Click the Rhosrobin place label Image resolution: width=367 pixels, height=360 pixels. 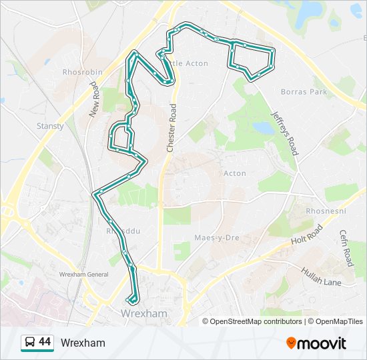[x=83, y=72]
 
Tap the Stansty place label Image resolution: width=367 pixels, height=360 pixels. [x=51, y=125]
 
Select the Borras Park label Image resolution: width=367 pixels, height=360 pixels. [x=304, y=91]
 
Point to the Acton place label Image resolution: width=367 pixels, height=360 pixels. [x=235, y=173]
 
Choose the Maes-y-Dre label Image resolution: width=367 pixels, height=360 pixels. [x=217, y=238]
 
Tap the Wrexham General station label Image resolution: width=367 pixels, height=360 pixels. [x=83, y=274]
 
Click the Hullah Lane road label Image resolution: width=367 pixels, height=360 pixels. [x=321, y=277]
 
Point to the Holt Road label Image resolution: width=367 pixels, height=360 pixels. [x=306, y=235]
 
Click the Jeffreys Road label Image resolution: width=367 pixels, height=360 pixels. [x=284, y=131]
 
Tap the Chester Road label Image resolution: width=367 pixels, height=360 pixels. [x=171, y=128]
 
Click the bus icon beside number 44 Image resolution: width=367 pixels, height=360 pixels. [x=30, y=343]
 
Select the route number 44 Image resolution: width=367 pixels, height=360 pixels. [x=45, y=342]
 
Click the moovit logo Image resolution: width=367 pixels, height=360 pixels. [x=316, y=343]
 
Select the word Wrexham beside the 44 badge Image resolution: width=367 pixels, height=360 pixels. [x=83, y=343]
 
